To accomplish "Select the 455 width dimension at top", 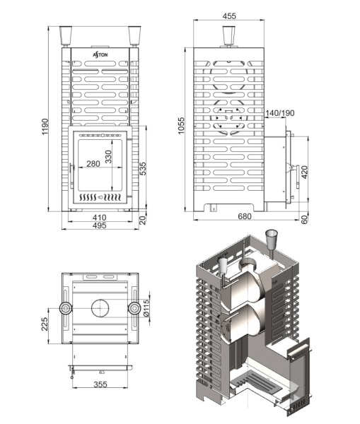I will [x=228, y=15].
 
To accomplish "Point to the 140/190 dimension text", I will [x=280, y=114].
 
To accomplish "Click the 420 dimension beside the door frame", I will [x=305, y=171].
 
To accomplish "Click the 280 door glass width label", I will [x=93, y=165].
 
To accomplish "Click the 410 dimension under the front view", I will [x=100, y=218].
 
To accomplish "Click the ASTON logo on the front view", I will [x=100, y=54].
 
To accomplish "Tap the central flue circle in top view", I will [x=99, y=309].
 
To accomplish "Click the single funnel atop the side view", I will [x=228, y=35].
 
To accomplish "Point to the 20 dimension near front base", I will [x=144, y=220].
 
